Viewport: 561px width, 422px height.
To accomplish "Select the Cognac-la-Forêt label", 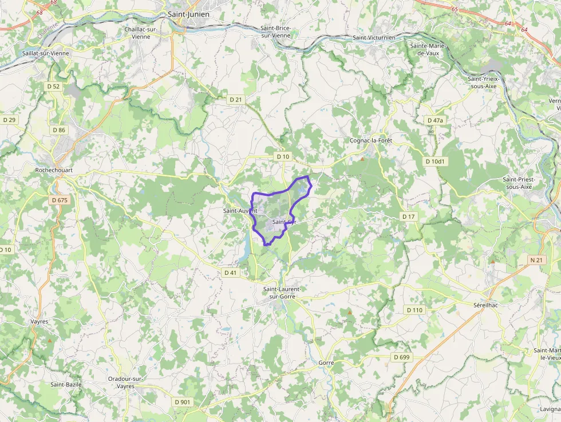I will [370, 140].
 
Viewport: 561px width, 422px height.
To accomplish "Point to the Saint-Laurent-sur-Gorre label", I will [281, 293].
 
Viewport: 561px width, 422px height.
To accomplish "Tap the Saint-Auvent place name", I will [240, 211].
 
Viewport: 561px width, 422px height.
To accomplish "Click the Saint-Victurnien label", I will [374, 38].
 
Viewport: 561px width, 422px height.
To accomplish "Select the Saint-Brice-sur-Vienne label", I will [275, 32].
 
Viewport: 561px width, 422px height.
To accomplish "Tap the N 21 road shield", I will [536, 260].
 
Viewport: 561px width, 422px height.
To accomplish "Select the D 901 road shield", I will [182, 402].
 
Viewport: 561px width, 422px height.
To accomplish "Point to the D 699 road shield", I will [402, 357].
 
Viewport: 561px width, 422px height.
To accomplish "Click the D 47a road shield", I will [435, 120].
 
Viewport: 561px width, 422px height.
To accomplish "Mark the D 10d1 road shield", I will [435, 161].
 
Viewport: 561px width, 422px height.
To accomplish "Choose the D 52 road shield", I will [53, 86].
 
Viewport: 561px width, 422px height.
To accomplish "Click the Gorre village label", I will [326, 363].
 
